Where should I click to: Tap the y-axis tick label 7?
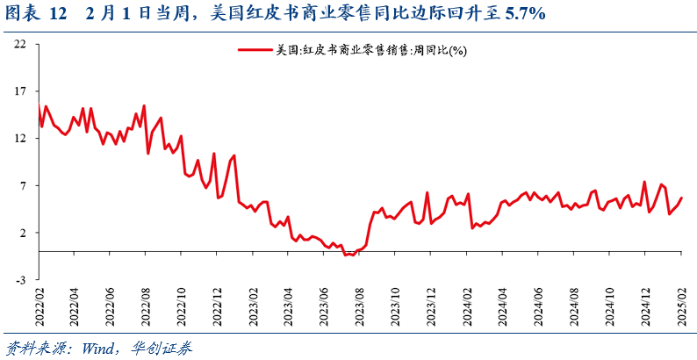pos(23,186)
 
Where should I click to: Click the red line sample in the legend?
pos(254,50)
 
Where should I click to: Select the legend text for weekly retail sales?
pos(370,51)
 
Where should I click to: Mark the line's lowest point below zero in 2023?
pos(348,255)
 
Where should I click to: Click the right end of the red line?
pos(682,198)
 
